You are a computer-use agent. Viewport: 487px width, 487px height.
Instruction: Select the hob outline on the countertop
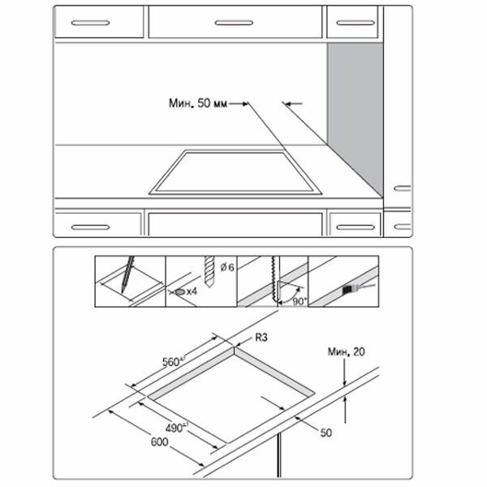point(235,172)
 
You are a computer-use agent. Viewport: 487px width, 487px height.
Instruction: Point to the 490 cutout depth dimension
point(167,428)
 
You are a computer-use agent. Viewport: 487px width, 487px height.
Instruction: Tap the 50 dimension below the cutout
point(325,433)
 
